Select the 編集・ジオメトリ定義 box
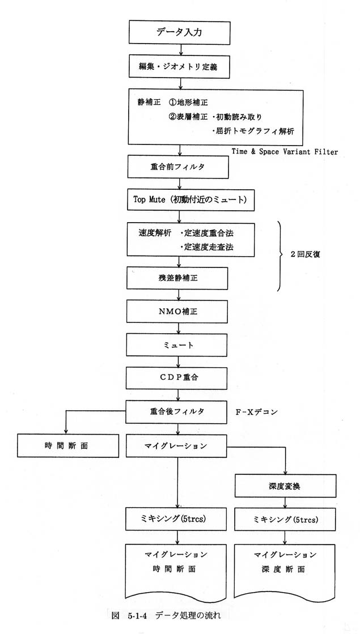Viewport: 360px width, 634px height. [x=180, y=67]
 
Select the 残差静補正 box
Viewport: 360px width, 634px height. [x=176, y=278]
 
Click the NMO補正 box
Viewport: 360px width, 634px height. [x=176, y=312]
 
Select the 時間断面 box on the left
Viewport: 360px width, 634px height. [x=68, y=446]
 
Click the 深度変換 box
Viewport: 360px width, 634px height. [x=286, y=486]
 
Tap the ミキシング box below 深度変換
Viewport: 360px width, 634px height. [x=286, y=520]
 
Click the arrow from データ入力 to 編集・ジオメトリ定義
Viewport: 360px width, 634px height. [x=181, y=50]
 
